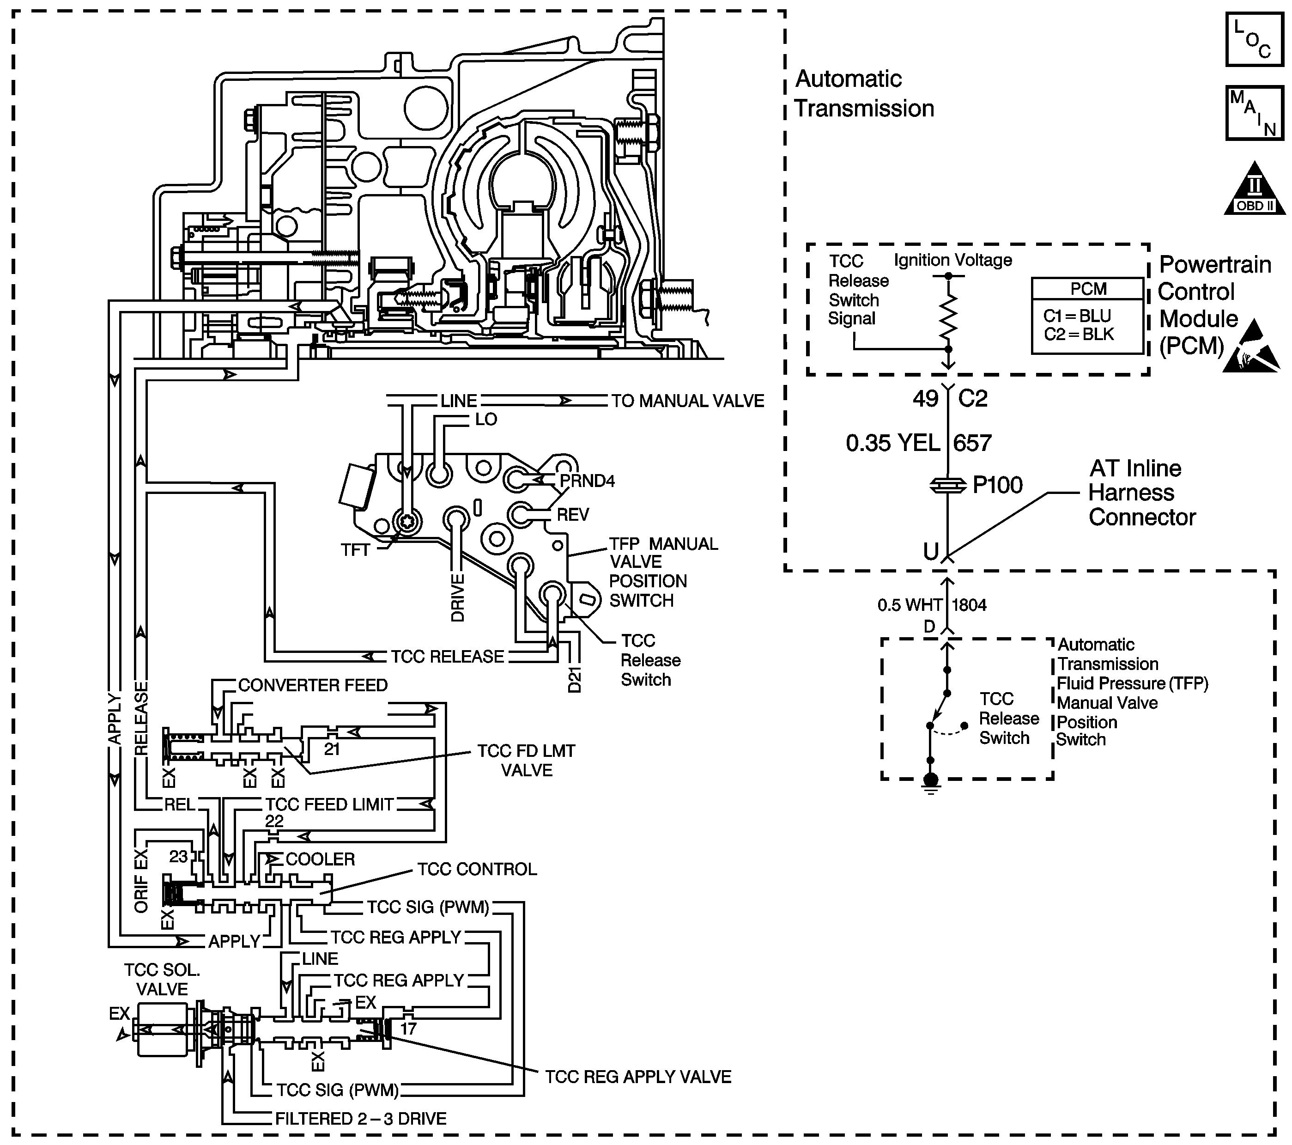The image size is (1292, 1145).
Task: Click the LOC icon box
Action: pos(1255,39)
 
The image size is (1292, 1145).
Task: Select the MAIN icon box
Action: pos(1255,113)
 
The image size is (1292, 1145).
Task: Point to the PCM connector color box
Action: pos(1088,316)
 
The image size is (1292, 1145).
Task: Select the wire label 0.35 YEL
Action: pos(892,443)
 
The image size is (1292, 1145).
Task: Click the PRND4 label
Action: pos(587,481)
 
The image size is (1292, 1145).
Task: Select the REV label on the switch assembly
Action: pos(573,515)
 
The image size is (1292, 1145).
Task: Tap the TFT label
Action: pos(355,550)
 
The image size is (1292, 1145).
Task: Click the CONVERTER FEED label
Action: pos(313,685)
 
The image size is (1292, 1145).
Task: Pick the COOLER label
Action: pos(321,859)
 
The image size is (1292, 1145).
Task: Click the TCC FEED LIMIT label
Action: pos(329,805)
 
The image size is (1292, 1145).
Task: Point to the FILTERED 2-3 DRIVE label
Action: pos(361,1119)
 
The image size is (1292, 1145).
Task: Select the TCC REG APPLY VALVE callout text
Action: pos(638,1077)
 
